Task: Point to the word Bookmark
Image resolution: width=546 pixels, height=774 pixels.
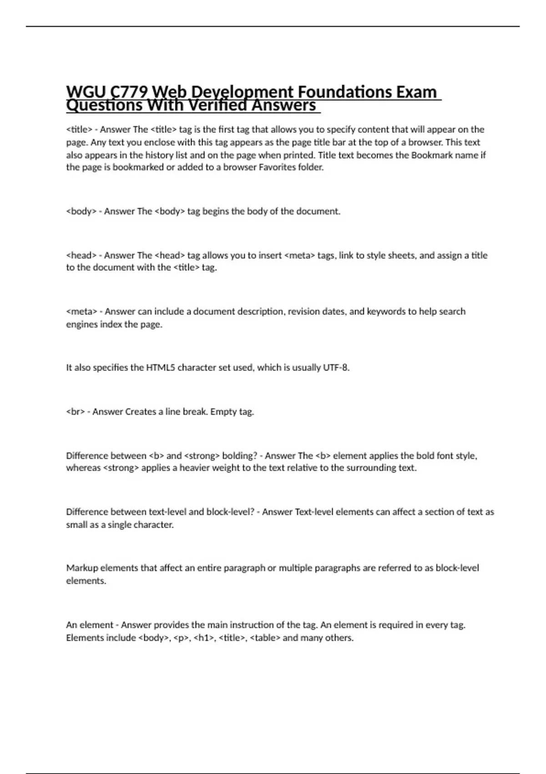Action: point(432,155)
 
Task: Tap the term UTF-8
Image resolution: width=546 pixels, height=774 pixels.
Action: point(336,367)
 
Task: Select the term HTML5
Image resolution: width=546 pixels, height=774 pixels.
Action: point(160,367)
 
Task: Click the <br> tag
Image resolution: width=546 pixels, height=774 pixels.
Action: point(76,412)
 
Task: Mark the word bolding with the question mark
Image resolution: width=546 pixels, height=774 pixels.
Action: point(239,456)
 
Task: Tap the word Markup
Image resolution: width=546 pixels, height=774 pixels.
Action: point(82,568)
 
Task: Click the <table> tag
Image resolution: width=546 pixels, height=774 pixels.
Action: point(265,638)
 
